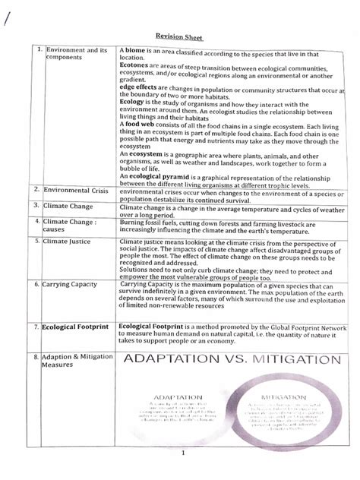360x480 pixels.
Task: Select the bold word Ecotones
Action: pos(134,65)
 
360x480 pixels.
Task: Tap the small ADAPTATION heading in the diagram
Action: pos(177,396)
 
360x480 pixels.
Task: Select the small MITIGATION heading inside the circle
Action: pos(279,396)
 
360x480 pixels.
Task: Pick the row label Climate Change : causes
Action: pos(74,226)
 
